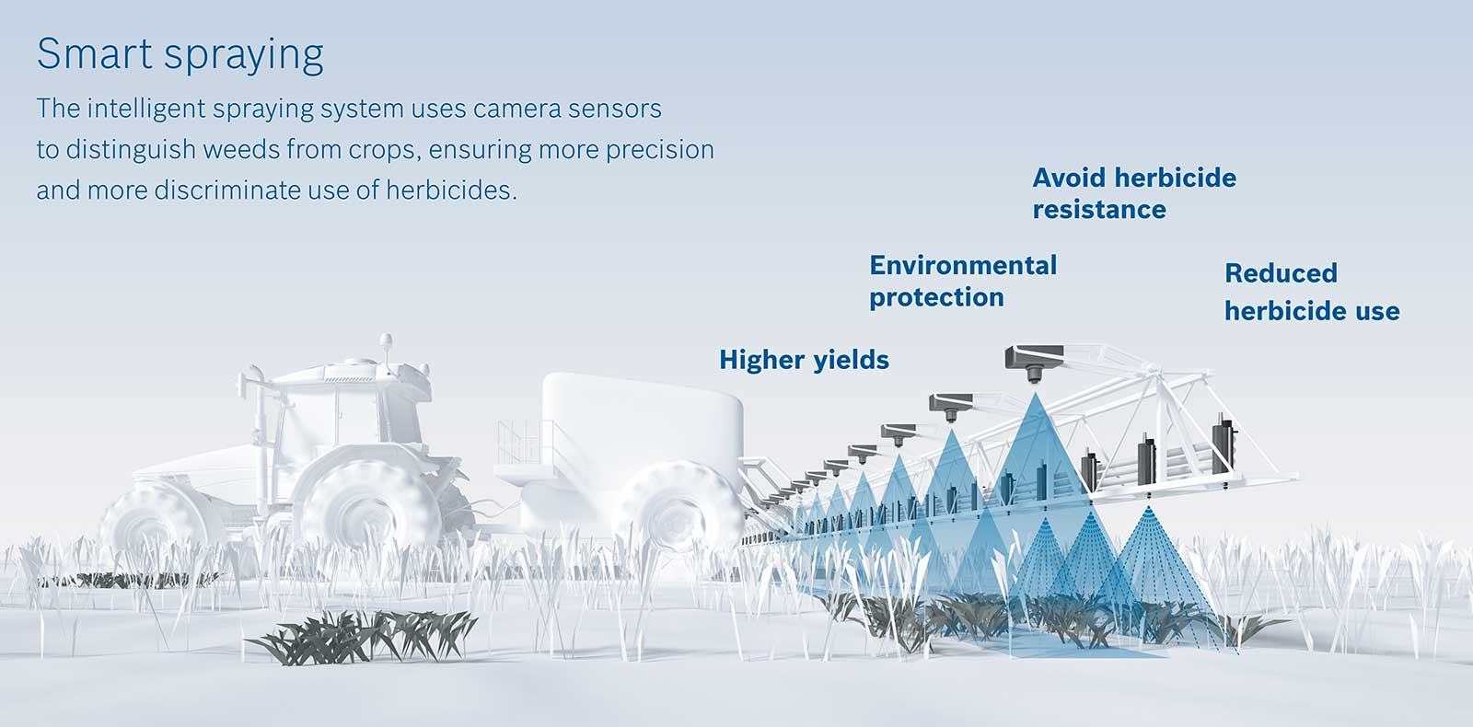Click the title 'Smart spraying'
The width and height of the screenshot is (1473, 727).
(180, 54)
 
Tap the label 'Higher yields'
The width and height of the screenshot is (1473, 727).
(804, 360)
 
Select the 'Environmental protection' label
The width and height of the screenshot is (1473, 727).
(963, 282)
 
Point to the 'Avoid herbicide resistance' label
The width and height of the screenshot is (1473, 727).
(1134, 193)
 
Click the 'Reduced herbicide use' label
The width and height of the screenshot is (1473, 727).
(1312, 292)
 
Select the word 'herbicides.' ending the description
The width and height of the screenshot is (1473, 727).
(451, 190)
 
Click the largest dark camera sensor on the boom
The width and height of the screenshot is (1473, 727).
(1035, 362)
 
